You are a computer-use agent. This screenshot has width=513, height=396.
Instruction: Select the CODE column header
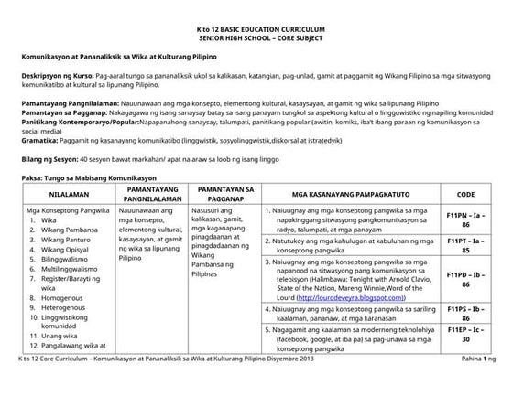464,195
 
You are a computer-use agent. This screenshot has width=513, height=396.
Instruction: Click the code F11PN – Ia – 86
464,219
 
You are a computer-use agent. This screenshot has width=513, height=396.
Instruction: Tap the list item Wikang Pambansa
65,230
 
